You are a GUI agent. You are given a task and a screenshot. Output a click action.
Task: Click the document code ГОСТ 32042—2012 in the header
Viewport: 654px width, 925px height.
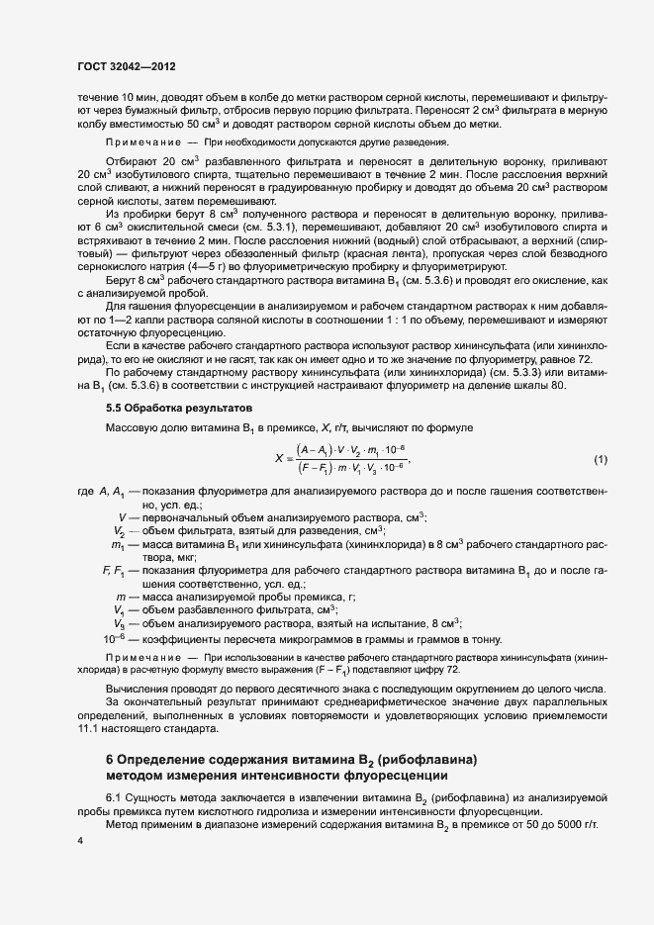tap(127, 67)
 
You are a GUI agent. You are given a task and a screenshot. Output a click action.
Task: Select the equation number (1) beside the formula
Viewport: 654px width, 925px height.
tap(600, 459)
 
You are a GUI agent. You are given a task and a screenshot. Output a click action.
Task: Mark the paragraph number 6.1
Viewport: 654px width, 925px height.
tap(114, 796)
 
